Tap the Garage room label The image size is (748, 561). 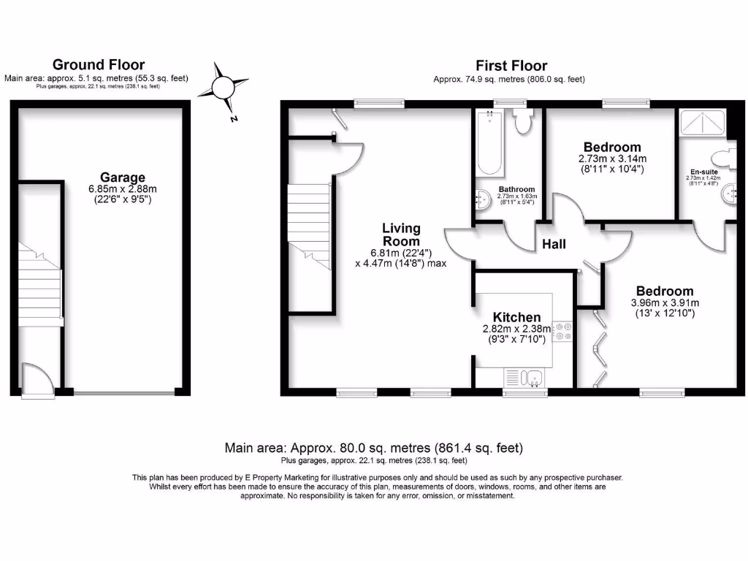point(122,177)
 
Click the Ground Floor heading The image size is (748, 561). point(99,65)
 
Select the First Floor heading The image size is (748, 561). point(511,66)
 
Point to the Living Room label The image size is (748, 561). point(401,234)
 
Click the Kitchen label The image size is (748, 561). point(516,317)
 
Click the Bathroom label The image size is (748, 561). point(516,189)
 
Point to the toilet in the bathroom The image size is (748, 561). point(522,121)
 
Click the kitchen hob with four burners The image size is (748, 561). point(562,332)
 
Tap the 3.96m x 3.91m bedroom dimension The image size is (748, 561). point(664,303)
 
